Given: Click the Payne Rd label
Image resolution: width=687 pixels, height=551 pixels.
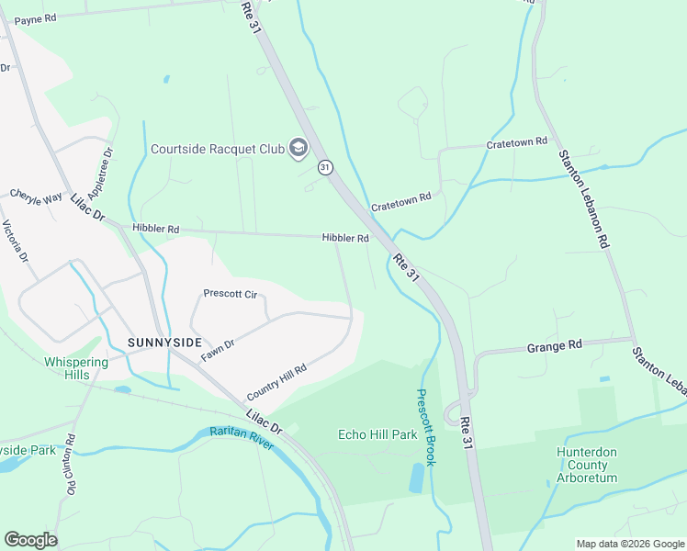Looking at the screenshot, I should click(x=36, y=18).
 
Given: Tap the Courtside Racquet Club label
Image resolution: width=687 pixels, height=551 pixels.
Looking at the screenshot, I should click(x=217, y=149).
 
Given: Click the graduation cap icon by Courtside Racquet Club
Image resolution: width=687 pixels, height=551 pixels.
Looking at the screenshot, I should click(x=298, y=148).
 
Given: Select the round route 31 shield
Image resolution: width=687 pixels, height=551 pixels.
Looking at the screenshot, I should click(x=325, y=167).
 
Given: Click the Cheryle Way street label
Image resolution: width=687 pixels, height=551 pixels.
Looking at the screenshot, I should click(x=36, y=196).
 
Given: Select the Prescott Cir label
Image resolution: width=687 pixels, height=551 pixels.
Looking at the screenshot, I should click(x=230, y=294).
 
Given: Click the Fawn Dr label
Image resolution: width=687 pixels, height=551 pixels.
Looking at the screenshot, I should click(x=218, y=348).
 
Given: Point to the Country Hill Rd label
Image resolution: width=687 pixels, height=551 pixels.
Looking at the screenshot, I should click(x=276, y=382).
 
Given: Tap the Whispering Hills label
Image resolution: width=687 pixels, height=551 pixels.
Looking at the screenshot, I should click(x=75, y=369).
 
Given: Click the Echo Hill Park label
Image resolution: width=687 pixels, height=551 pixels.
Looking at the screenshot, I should click(x=377, y=434).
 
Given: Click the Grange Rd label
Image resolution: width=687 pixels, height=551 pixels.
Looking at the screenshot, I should click(x=555, y=346).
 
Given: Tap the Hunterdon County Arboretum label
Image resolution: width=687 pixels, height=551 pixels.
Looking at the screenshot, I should click(x=598, y=465).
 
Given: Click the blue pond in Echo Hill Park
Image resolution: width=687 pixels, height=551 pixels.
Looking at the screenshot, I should click(x=418, y=478).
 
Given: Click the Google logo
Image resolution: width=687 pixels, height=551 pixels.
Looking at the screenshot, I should click(x=30, y=540).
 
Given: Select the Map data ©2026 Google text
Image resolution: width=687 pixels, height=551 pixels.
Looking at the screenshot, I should click(x=629, y=544).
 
